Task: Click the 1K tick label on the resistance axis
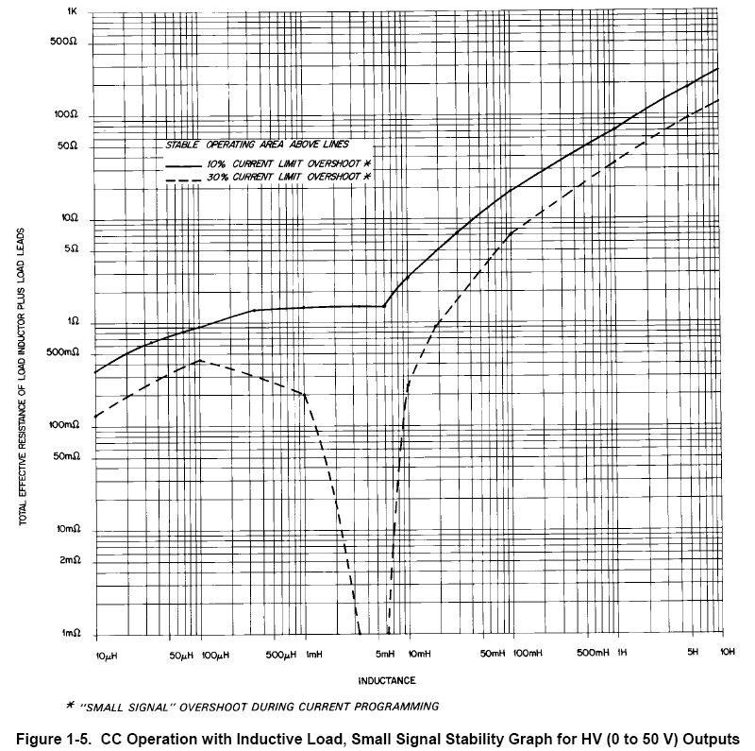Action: coord(71,12)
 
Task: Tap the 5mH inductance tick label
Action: coord(384,655)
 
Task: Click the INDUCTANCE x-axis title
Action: coord(387,680)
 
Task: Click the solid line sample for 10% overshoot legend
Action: coord(185,163)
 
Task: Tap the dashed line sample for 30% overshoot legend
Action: coord(185,179)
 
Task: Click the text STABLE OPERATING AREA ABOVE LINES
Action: coord(258,145)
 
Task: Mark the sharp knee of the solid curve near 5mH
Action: coord(384,306)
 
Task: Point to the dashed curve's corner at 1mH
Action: coord(305,394)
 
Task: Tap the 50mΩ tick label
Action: coord(64,456)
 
